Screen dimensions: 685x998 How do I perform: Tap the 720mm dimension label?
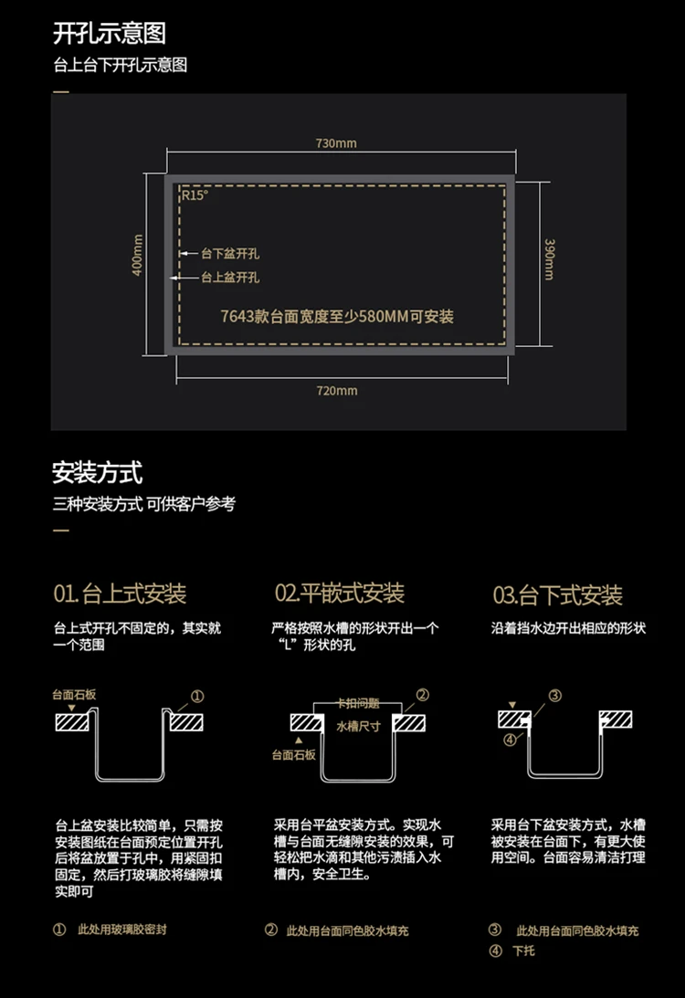(336, 391)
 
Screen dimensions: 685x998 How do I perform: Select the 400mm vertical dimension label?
(138, 257)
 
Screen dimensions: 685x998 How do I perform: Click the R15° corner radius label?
(194, 194)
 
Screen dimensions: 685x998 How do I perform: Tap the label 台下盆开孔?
(230, 253)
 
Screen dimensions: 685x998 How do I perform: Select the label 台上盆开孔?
(230, 277)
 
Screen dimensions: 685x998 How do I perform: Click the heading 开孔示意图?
(110, 34)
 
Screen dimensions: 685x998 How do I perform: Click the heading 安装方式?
(97, 473)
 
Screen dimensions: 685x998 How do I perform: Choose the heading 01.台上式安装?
(120, 594)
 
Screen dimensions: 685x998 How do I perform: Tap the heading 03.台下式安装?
(558, 596)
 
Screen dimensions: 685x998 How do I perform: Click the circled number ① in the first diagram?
(197, 696)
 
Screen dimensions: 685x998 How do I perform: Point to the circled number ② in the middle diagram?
(422, 695)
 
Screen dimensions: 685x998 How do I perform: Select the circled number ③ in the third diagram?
(554, 696)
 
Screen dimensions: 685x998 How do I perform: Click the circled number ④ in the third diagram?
(509, 740)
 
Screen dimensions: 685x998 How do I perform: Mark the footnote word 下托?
(522, 951)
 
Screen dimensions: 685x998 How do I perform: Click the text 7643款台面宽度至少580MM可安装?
(337, 317)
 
